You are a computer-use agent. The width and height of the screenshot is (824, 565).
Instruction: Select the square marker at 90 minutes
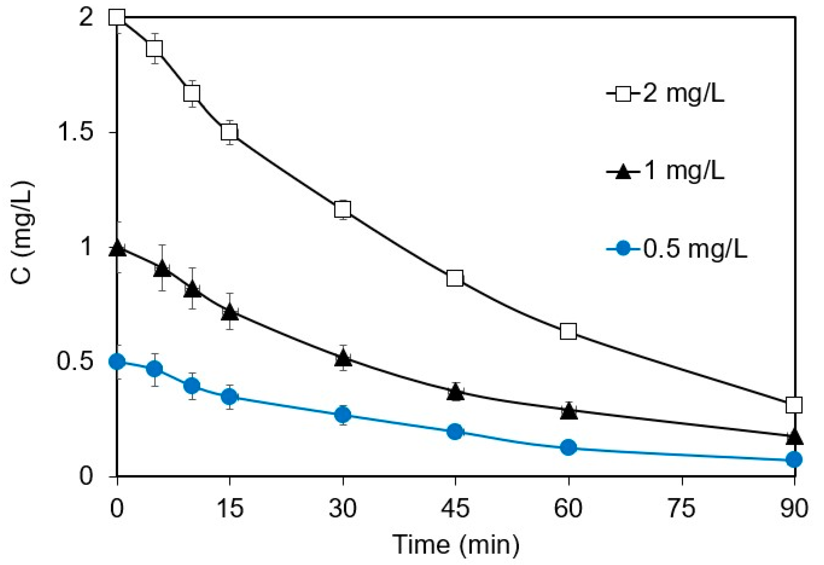tap(794, 405)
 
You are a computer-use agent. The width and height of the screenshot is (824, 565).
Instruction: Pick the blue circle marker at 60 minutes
tap(568, 448)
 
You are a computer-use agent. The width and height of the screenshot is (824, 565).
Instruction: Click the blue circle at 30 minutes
tap(343, 414)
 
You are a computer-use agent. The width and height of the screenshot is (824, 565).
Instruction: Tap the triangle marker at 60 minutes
tap(569, 412)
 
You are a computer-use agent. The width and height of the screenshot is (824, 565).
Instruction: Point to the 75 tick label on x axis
tap(682, 508)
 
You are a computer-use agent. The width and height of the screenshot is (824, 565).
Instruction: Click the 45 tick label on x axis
tap(455, 508)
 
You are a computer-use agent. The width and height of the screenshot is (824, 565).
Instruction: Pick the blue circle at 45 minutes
tap(455, 432)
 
